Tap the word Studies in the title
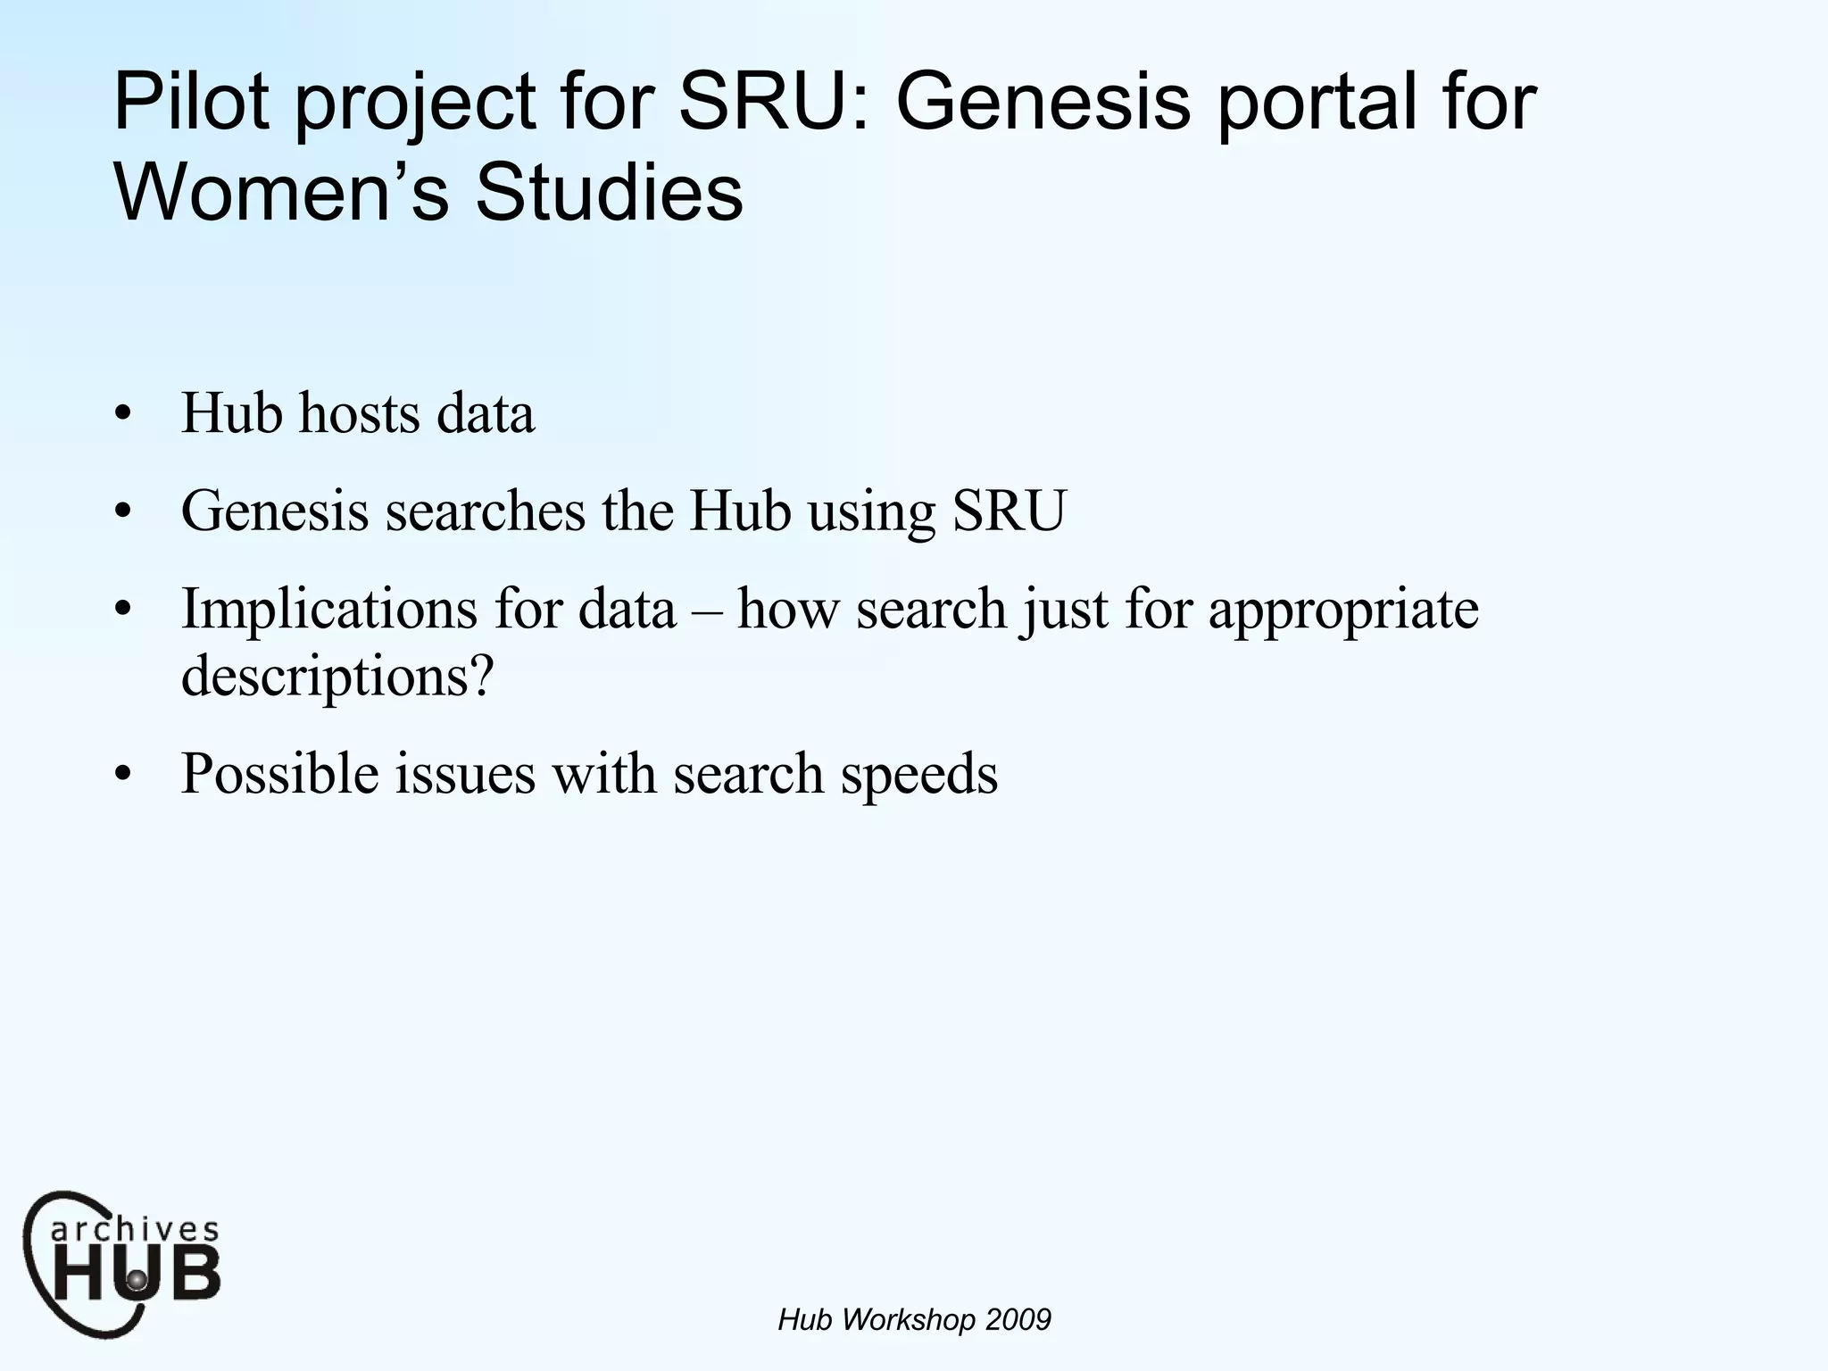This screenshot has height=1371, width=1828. click(x=609, y=193)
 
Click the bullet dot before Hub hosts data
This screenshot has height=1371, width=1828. click(x=123, y=416)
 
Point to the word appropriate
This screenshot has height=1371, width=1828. click(x=1343, y=611)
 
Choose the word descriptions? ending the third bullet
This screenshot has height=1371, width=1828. click(x=337, y=676)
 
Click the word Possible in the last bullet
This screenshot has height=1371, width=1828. click(x=279, y=773)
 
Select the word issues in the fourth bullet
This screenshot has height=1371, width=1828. click(x=465, y=773)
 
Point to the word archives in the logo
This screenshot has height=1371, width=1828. click(x=134, y=1230)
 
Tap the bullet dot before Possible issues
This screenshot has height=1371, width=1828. click(x=123, y=775)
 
